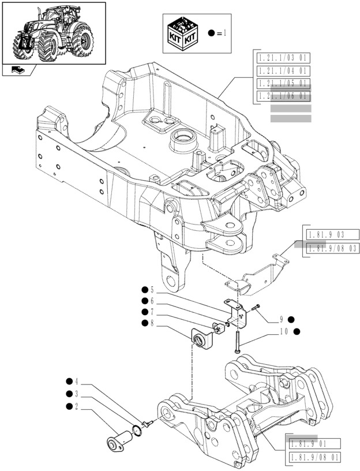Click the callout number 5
(x=152, y=289)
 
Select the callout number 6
(x=152, y=300)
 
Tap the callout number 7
(x=152, y=312)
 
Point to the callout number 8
(x=152, y=323)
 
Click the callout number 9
(x=282, y=319)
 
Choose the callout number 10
(x=283, y=331)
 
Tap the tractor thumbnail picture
(x=54, y=33)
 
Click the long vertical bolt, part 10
(x=237, y=334)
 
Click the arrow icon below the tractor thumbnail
(x=18, y=70)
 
